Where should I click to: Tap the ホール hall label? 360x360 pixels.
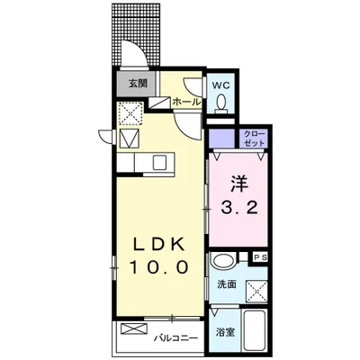point(186,102)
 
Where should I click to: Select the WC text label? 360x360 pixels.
point(222,86)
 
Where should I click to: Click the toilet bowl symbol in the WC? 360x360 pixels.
point(223,105)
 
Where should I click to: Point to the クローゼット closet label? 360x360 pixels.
point(254,138)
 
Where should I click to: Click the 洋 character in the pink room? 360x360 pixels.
point(239,183)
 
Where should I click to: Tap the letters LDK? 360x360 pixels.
point(161,244)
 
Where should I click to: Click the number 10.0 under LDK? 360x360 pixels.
point(161,267)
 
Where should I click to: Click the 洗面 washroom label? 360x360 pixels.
point(226,283)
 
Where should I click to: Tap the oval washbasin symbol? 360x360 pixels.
point(223,263)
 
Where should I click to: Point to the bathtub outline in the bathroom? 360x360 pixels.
point(251,334)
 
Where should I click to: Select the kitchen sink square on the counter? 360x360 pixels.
point(159,163)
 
